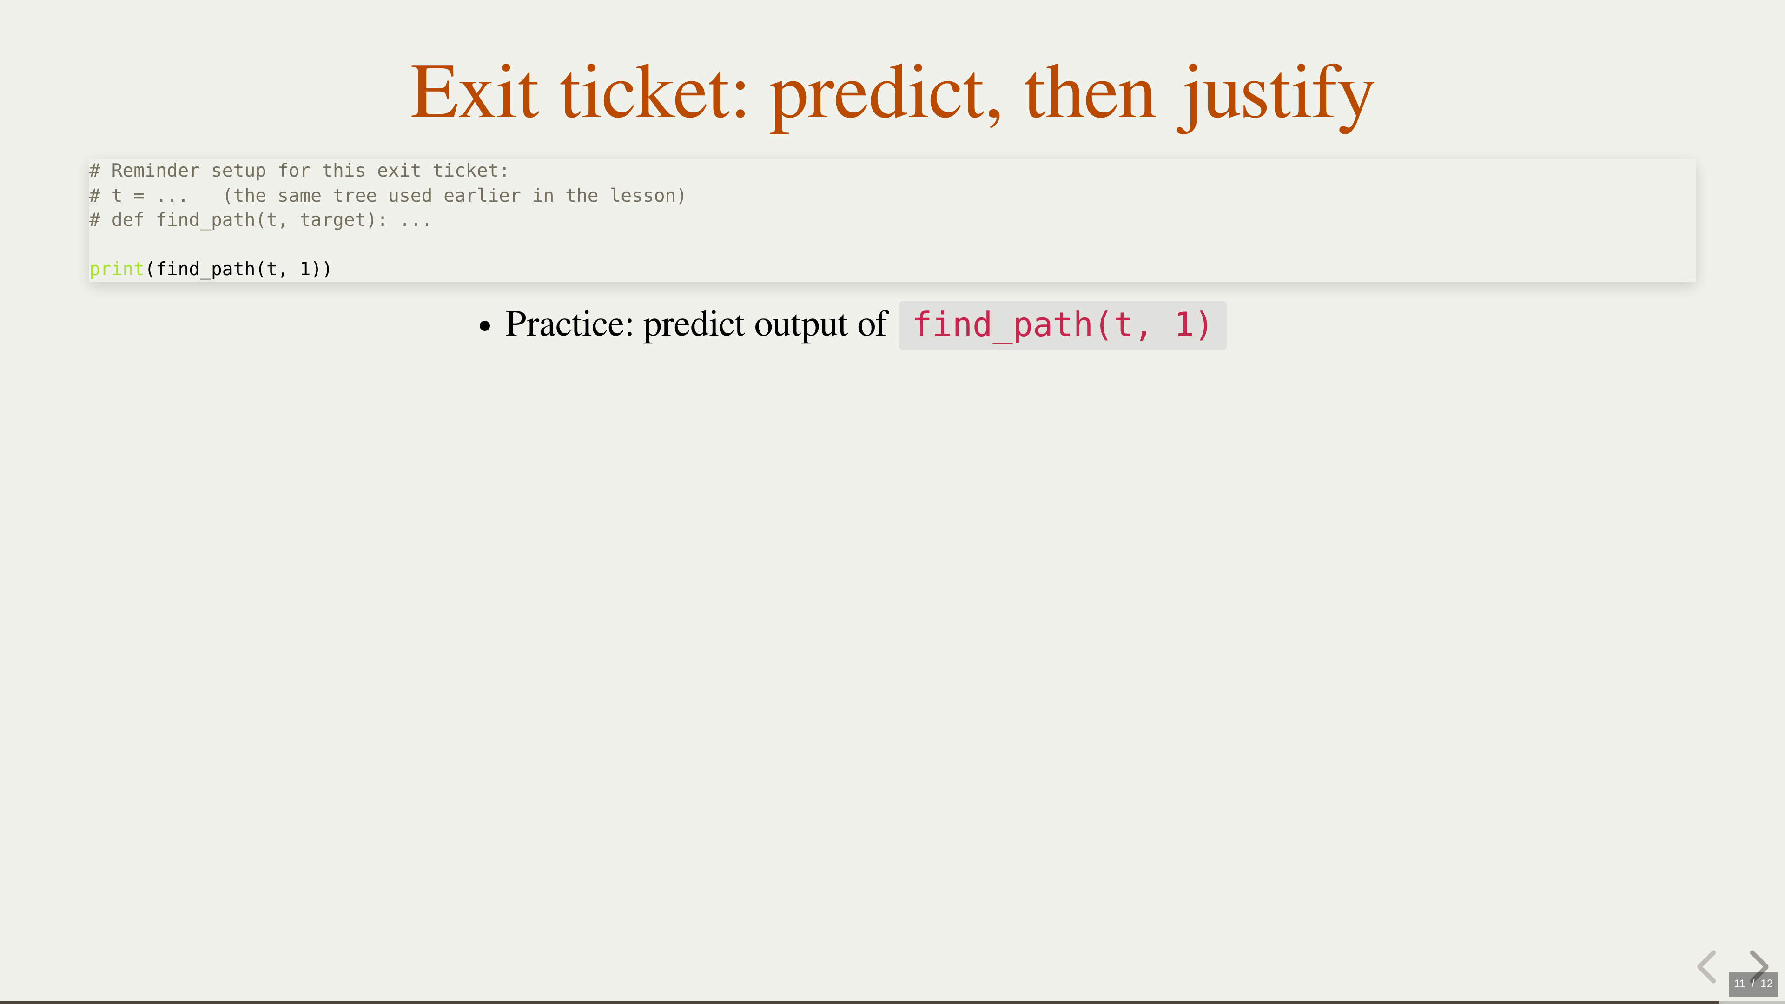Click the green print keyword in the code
tap(116, 269)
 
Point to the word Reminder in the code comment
tap(155, 171)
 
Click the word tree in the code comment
tap(355, 195)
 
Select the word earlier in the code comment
tap(482, 195)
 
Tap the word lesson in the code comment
tap(642, 195)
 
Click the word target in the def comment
tap(333, 220)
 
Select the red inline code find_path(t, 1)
tap(1062, 325)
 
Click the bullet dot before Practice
tap(485, 326)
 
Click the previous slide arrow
tap(1707, 967)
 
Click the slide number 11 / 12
tap(1753, 983)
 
